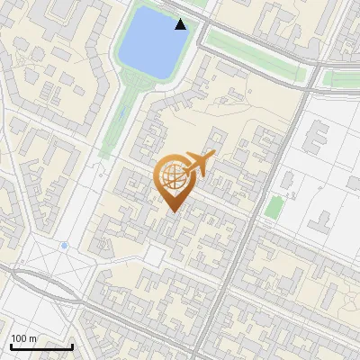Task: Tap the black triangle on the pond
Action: [x=181, y=24]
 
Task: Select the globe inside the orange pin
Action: [x=173, y=176]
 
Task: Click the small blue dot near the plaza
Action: [x=64, y=245]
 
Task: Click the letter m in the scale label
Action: [x=34, y=339]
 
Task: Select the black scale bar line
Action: [x=41, y=347]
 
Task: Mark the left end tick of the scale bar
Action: [x=11, y=346]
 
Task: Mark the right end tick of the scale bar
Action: [x=72, y=346]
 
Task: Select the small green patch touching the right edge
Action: [x=342, y=79]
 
